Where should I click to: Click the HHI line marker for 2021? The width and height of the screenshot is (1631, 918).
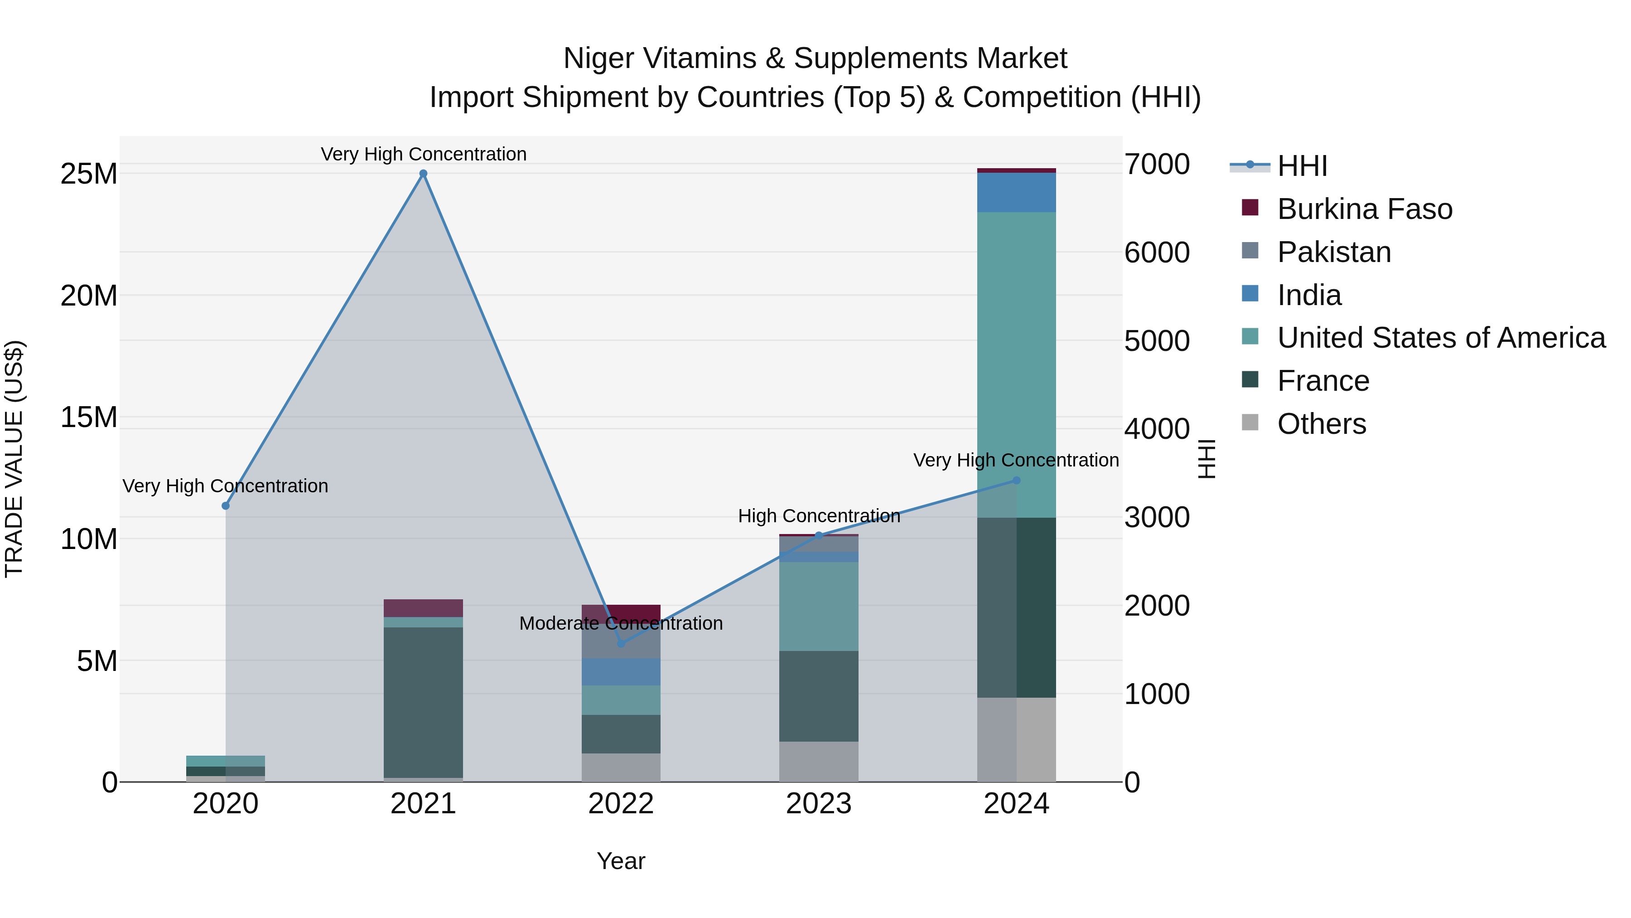tap(424, 174)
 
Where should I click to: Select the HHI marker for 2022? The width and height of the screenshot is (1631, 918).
tap(621, 644)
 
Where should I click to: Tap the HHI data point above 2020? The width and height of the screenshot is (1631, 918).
tap(226, 505)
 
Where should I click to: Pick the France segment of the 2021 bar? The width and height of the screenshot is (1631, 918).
tap(423, 702)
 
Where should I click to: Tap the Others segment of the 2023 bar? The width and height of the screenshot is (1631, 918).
tap(819, 762)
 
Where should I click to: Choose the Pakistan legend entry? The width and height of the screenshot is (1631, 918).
tap(1333, 252)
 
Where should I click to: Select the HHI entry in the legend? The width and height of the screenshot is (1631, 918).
tap(1302, 166)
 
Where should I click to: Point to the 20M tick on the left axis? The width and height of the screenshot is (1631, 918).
tap(89, 296)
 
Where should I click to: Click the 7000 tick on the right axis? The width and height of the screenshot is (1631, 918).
tap(1157, 165)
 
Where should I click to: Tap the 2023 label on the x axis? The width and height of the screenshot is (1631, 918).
tap(819, 804)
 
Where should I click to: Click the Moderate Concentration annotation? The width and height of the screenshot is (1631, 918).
tap(621, 623)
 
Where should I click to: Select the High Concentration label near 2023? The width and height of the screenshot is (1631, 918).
tap(819, 516)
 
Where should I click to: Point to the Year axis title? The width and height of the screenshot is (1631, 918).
tap(621, 861)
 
